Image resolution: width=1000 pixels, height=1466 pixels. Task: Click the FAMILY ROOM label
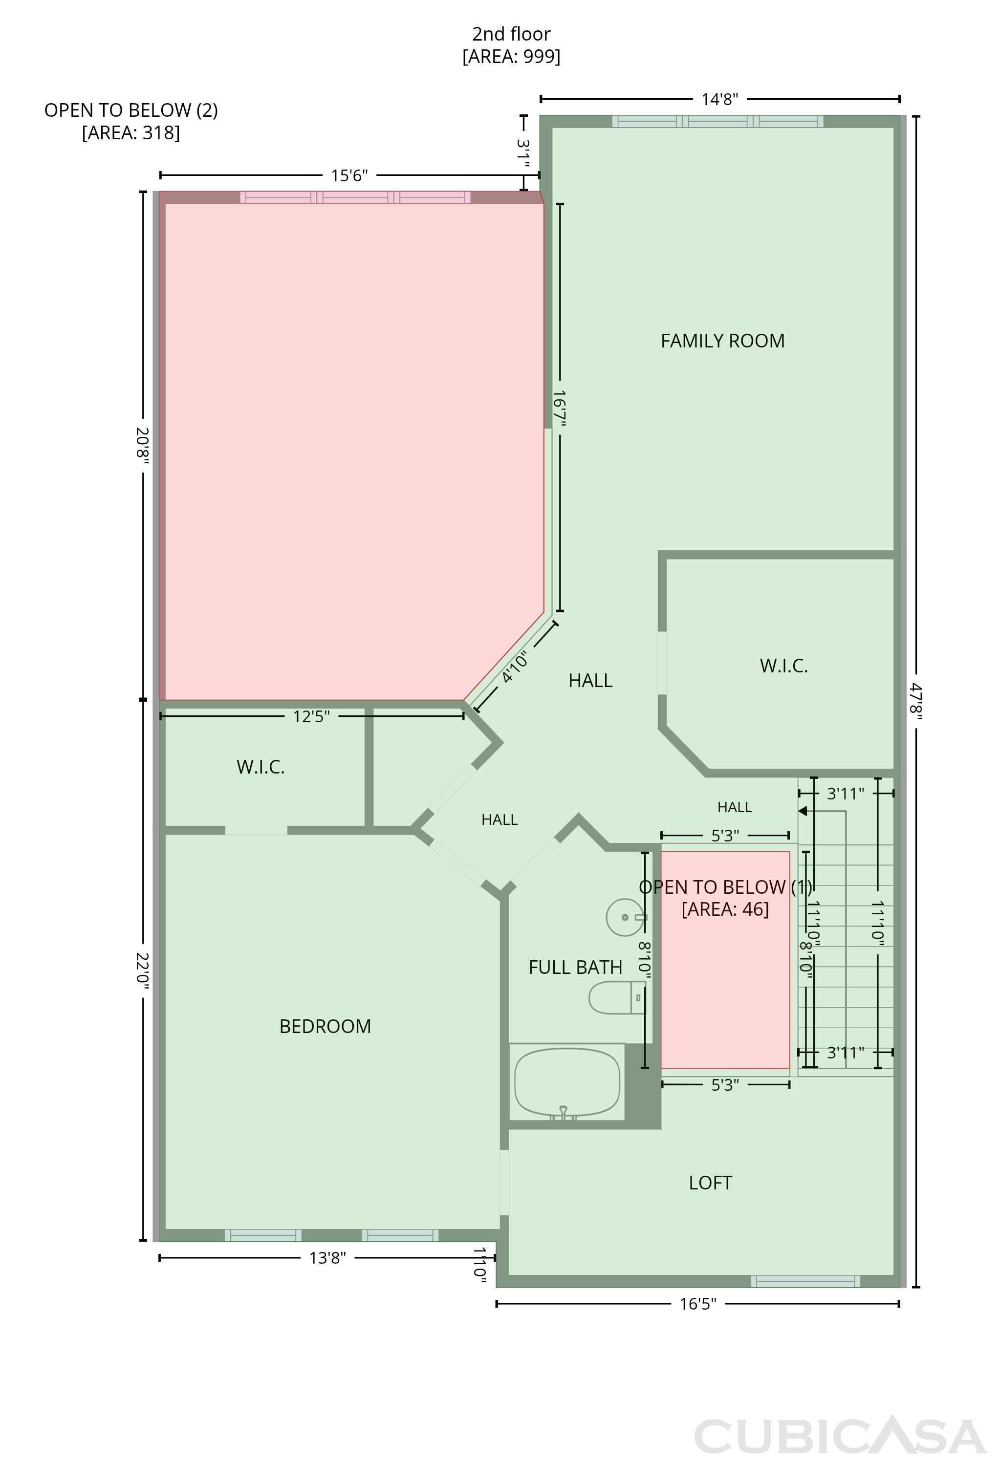tap(722, 341)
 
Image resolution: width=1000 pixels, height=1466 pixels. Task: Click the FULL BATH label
tap(575, 968)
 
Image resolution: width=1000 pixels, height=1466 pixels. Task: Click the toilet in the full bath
tap(617, 998)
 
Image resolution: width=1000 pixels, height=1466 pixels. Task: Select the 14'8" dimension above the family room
tap(720, 100)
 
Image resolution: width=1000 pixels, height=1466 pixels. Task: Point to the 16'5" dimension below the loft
tap(698, 1304)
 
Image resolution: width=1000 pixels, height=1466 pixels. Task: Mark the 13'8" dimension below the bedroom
tap(327, 1258)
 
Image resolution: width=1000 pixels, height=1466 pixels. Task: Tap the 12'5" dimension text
tap(311, 716)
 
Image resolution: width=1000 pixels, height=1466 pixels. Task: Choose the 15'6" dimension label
tap(349, 175)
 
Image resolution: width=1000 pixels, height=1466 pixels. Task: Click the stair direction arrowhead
tap(803, 811)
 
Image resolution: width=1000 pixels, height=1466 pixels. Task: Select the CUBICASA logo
tap(840, 1437)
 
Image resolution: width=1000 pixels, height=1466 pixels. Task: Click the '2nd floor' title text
tap(511, 34)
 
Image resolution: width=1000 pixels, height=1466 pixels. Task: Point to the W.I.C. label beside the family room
tap(783, 666)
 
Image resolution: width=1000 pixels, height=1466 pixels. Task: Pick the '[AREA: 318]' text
tap(131, 133)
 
